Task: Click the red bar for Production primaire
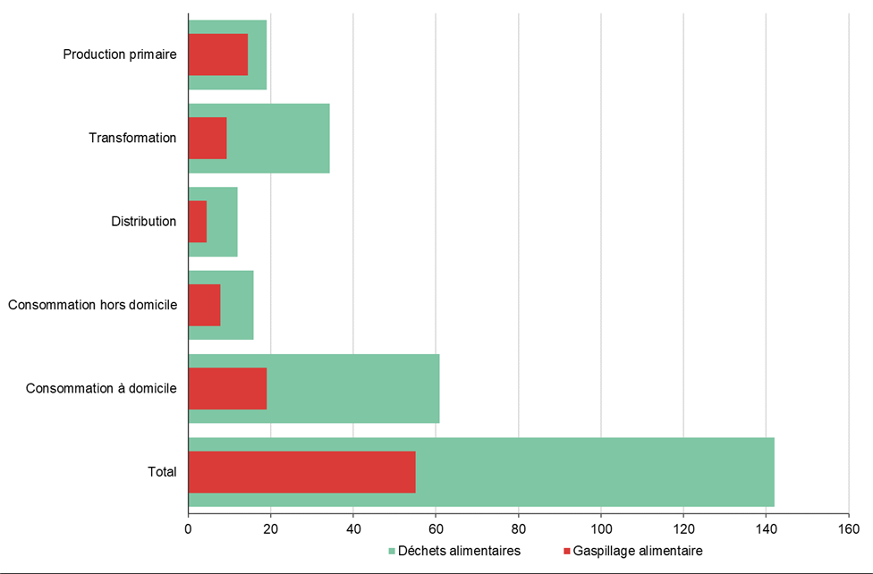point(218,55)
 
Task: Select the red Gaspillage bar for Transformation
point(208,138)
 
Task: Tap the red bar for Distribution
point(198,221)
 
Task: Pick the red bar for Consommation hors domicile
point(205,305)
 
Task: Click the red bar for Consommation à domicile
point(228,388)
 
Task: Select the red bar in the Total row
point(302,472)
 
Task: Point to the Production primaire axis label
point(120,55)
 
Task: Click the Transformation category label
point(132,138)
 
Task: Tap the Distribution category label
point(143,221)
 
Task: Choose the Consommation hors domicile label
point(92,305)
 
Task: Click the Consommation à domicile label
point(101,388)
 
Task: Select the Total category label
point(161,472)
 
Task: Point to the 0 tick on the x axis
point(189,528)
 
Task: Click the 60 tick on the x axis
point(436,528)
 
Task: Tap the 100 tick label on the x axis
point(601,528)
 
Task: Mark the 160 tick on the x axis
point(848,528)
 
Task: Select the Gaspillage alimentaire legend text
point(637,551)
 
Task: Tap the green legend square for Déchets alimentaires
point(391,551)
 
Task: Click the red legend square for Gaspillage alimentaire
point(567,551)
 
